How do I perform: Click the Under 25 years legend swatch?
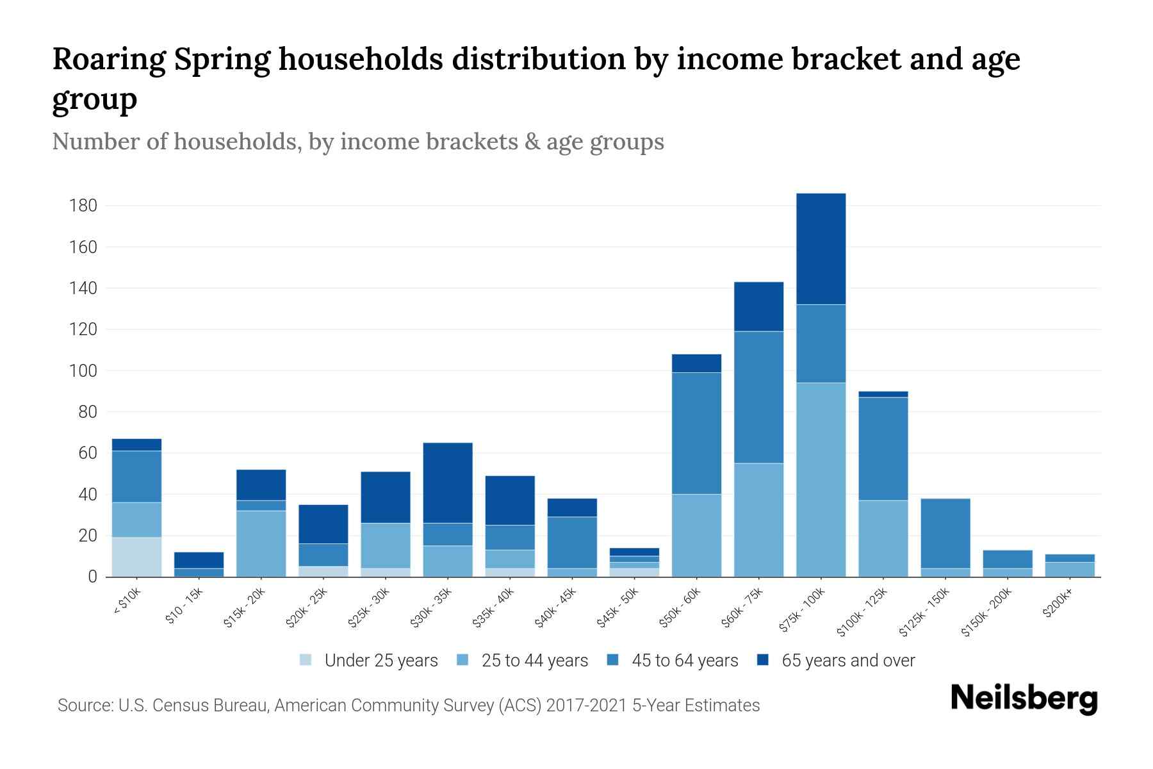pos(306,660)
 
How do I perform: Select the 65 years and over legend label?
pos(848,660)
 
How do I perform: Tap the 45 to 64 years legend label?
pos(685,660)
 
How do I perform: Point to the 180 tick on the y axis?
pos(83,206)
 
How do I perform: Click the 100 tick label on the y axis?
pos(83,371)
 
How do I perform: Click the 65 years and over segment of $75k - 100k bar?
pos(821,249)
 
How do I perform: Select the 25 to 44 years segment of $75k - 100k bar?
pos(821,479)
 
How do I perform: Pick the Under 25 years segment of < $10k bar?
pos(136,557)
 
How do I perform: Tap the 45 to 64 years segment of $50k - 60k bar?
pos(696,433)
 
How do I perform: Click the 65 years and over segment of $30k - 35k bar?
pos(448,483)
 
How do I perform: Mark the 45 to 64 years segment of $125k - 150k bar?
pos(945,533)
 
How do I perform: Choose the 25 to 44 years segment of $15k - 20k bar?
pos(261,543)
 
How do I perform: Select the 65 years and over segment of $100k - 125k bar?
pos(883,394)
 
